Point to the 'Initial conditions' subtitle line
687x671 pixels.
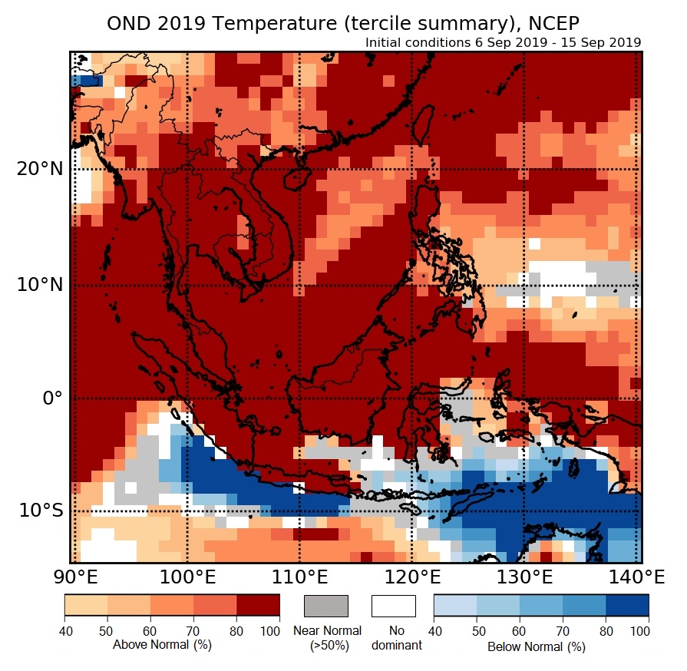[503, 42]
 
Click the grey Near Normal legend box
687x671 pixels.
[326, 606]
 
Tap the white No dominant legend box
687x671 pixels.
[393, 606]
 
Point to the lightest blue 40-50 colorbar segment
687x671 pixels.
[455, 606]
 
